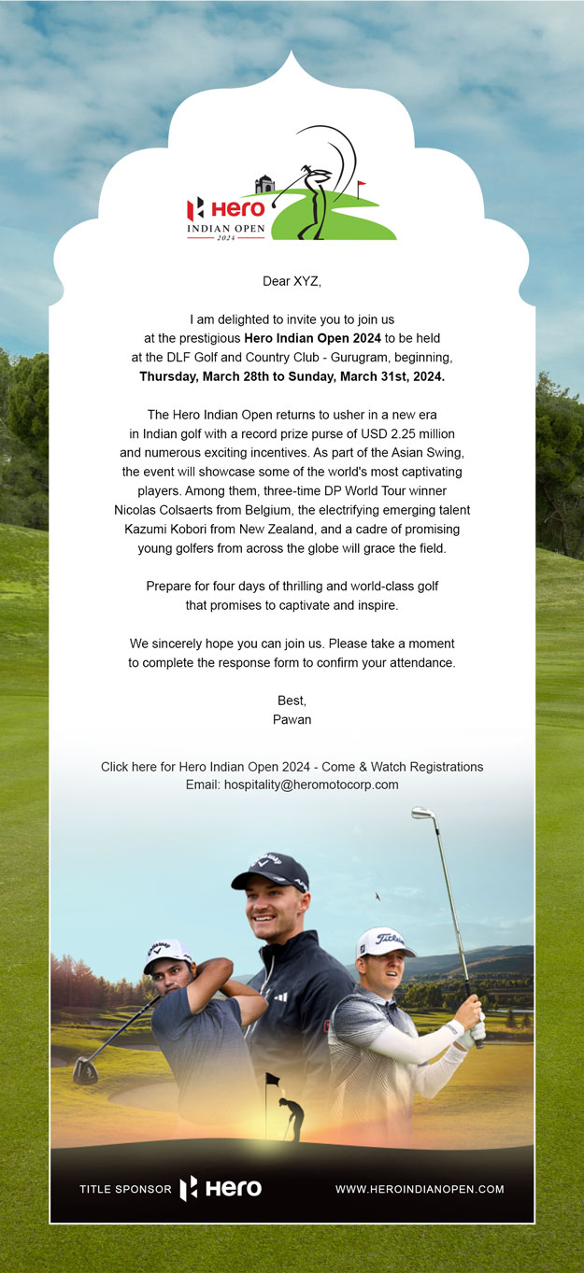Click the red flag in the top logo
pos(362,184)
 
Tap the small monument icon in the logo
pos(265,184)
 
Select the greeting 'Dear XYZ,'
pos(292,280)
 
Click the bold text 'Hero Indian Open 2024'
pos(314,337)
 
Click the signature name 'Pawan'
pos(292,720)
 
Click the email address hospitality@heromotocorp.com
pos(311,785)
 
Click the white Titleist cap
pos(385,942)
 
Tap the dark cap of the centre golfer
pos(270,870)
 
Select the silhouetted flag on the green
pos(273,1080)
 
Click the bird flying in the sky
pos(377,897)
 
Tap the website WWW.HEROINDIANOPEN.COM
pos(420,1189)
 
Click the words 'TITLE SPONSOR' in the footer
pos(125,1190)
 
